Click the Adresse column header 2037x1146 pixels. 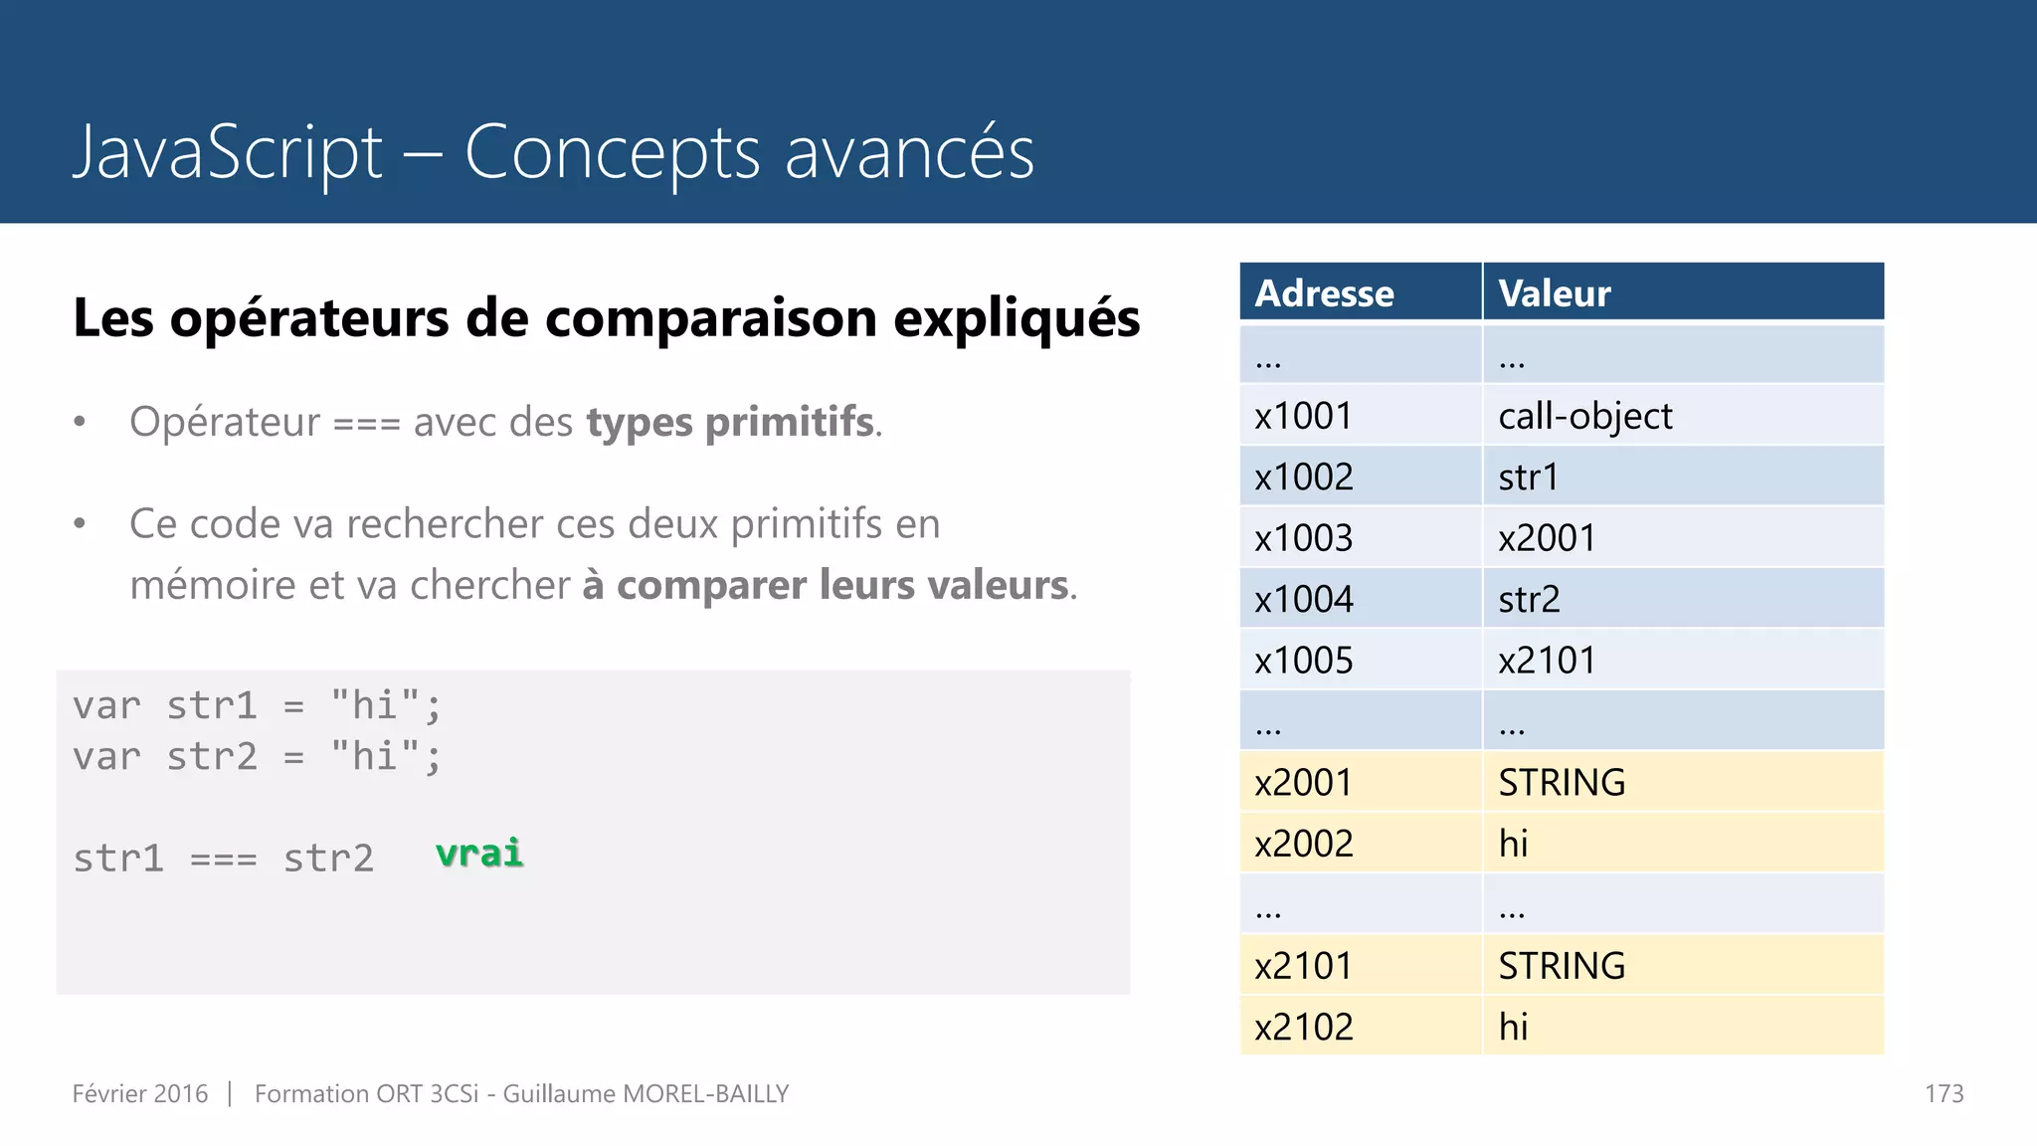coord(1324,293)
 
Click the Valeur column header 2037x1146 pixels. coord(1554,293)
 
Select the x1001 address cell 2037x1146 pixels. coord(1303,416)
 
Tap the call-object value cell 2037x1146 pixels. coord(1584,416)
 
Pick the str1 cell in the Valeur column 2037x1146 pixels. coord(1528,477)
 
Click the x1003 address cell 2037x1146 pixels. coord(1303,538)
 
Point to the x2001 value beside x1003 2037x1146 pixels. coord(1547,538)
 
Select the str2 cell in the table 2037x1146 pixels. coord(1529,600)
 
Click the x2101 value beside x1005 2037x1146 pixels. coord(1547,661)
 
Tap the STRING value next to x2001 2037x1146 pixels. coord(1562,783)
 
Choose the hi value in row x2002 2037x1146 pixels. coord(1513,844)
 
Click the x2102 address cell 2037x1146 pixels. coord(1303,1027)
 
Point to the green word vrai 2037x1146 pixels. coord(479,854)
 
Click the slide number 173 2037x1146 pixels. coord(1944,1094)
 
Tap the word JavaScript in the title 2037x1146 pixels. coord(228,152)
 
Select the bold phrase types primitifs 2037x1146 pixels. coord(731,422)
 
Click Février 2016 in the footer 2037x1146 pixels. coord(140,1094)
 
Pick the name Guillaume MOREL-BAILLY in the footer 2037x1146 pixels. coord(646,1094)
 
